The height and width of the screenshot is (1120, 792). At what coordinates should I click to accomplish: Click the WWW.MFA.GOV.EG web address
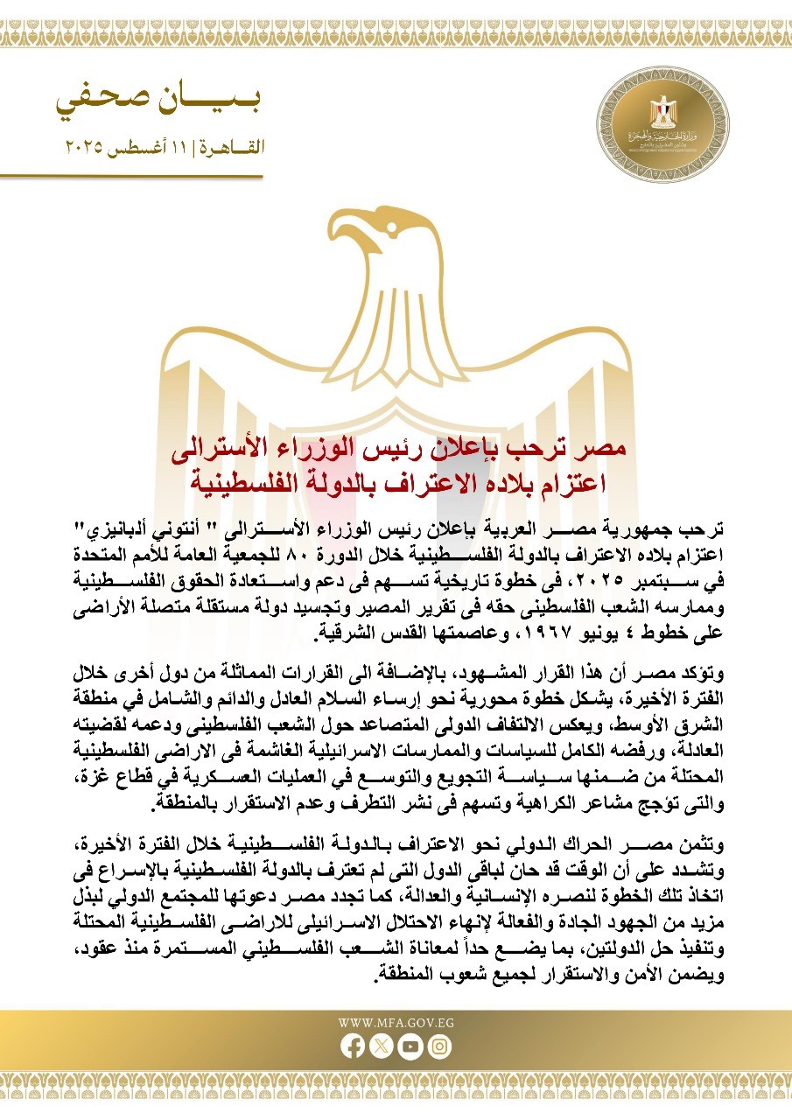(396, 1022)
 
